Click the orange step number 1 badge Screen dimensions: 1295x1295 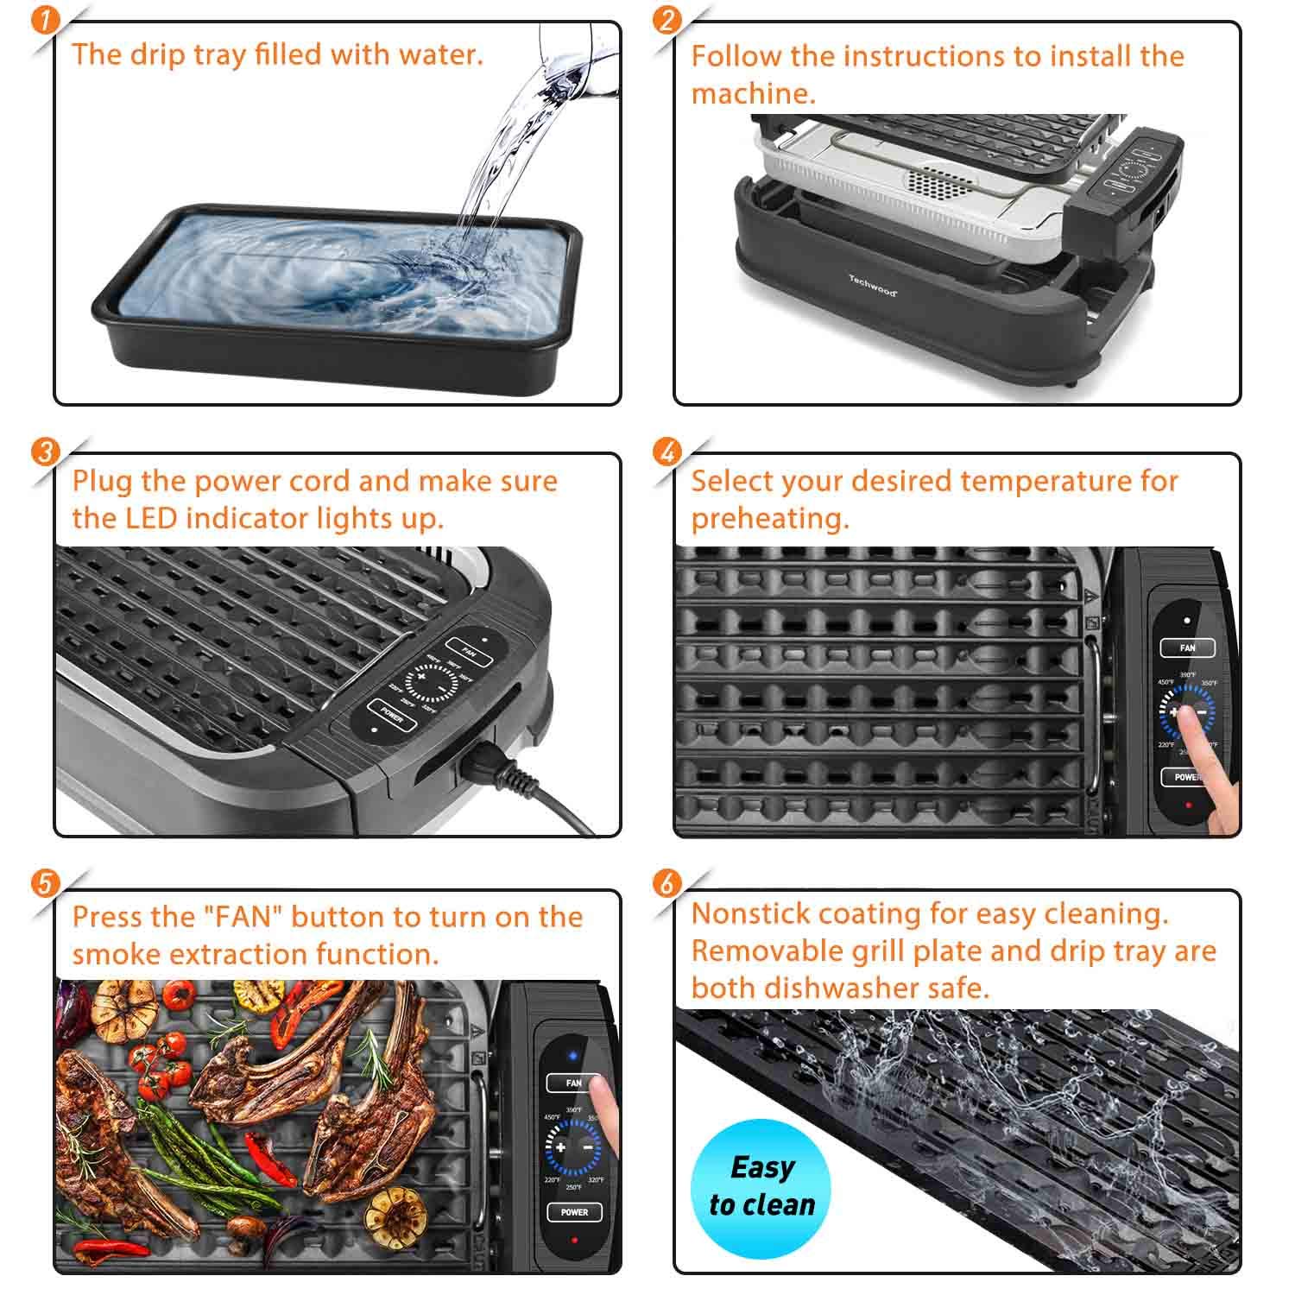44,21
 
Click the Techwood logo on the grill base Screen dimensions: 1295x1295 872,285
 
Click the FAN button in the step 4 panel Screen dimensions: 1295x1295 1187,647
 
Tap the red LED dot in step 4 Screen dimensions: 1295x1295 1188,805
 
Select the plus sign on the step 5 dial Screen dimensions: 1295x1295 560,1147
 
